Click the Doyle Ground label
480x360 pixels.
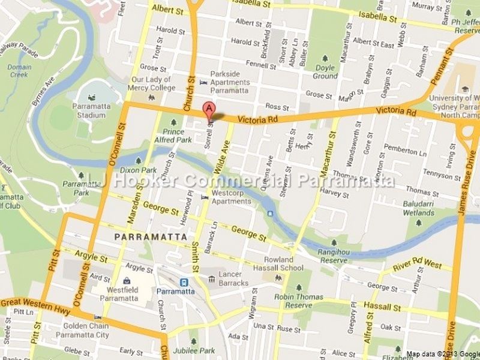pyautogui.click(x=325, y=72)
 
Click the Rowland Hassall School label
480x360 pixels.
pyautogui.click(x=284, y=264)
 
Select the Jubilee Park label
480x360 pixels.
pyautogui.click(x=194, y=350)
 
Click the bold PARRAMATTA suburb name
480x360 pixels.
pyautogui.click(x=150, y=238)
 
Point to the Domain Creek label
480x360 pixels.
pyautogui.click(x=19, y=71)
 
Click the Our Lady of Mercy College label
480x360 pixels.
pyautogui.click(x=153, y=83)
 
